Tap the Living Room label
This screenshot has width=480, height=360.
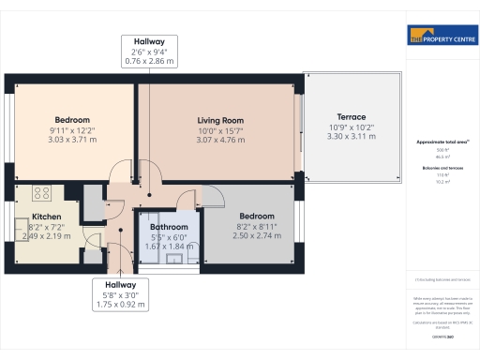point(220,120)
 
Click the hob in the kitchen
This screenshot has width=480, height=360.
point(42,194)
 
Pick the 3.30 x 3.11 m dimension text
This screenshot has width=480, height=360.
point(352,137)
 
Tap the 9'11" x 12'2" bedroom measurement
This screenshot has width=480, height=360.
point(71,130)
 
